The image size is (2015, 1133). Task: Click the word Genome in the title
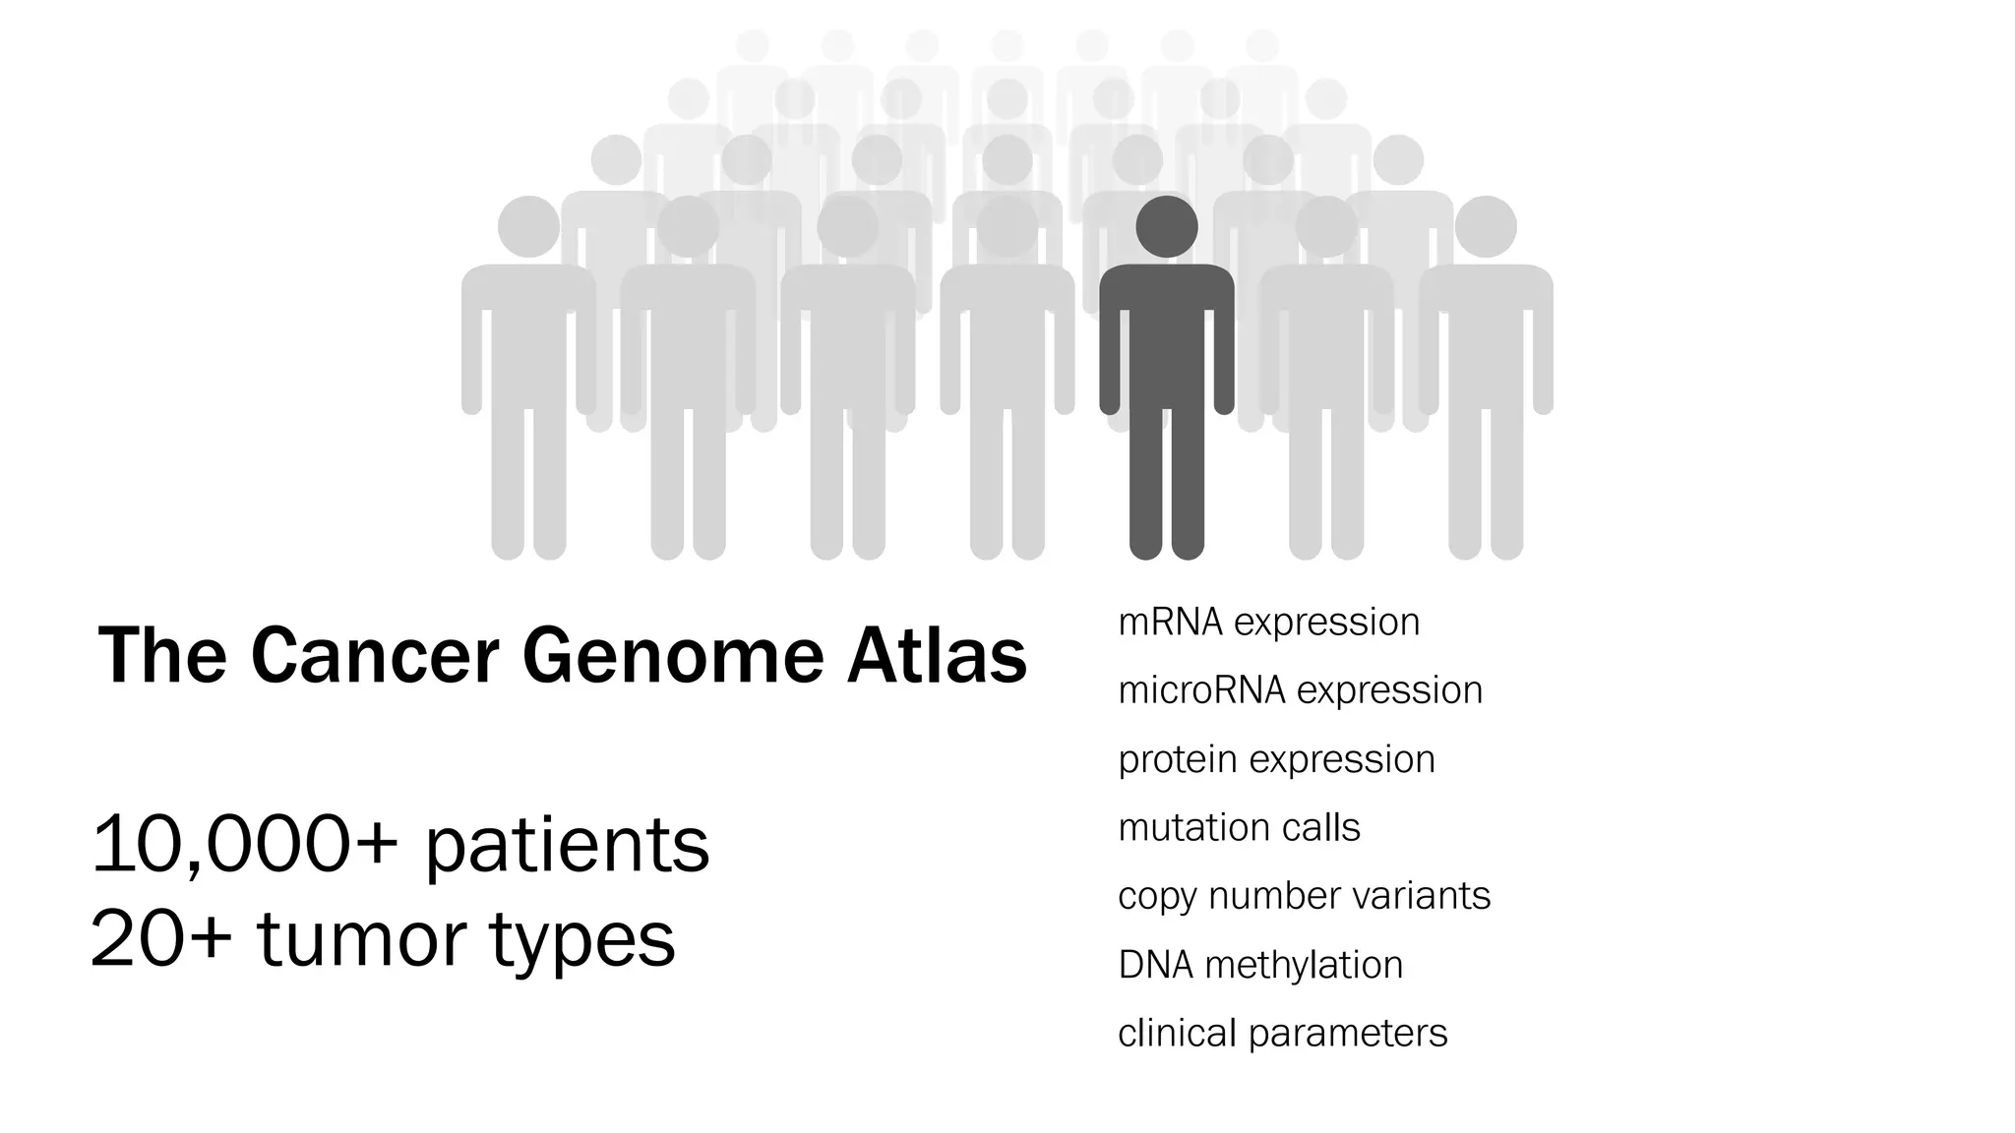[x=672, y=657]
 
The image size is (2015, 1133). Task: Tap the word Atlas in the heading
[x=937, y=657]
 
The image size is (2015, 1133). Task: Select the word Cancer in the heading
[x=375, y=657]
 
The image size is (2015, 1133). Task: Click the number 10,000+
[x=245, y=845]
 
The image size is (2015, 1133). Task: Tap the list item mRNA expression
[x=1268, y=623]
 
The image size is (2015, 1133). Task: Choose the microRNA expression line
[x=1300, y=690]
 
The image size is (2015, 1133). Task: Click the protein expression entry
[x=1276, y=759]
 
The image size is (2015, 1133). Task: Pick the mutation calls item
[x=1239, y=828]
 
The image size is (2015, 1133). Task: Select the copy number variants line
[x=1304, y=896]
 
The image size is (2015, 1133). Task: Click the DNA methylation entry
[x=1260, y=965]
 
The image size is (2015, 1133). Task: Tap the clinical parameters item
[x=1282, y=1034]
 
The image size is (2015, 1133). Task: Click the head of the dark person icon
[x=1167, y=227]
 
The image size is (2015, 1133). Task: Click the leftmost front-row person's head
[x=529, y=227]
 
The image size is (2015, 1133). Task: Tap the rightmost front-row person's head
[x=1486, y=227]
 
